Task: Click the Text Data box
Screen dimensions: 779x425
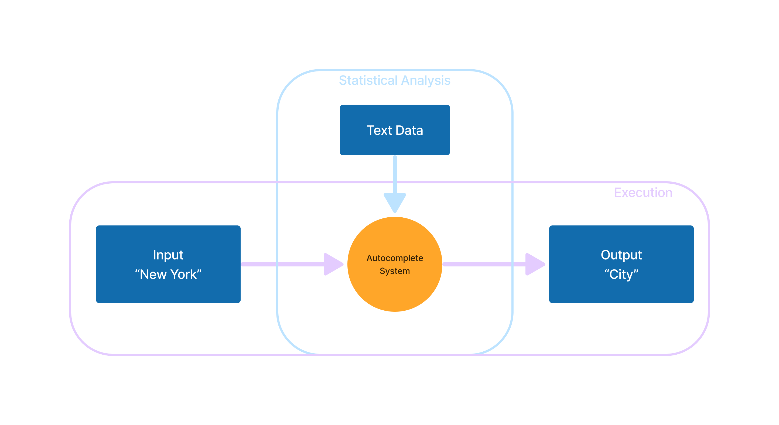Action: tap(395, 130)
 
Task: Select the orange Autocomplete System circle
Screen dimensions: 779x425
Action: tap(395, 264)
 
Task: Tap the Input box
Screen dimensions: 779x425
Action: tap(168, 264)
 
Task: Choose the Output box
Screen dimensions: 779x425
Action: tap(621, 264)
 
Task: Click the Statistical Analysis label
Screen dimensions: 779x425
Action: tap(395, 80)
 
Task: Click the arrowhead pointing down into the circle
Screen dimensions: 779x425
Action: tap(395, 203)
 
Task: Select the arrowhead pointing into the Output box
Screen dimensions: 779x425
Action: tap(535, 264)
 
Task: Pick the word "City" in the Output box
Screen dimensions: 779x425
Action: tap(621, 275)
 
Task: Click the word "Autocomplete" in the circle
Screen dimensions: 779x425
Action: tap(395, 258)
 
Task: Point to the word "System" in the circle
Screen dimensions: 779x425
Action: tap(395, 271)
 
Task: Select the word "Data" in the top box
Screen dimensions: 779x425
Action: tap(409, 130)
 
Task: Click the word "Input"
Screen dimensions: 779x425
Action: tap(168, 255)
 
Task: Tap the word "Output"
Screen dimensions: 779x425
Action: tap(621, 255)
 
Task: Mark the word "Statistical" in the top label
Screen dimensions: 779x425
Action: tap(368, 80)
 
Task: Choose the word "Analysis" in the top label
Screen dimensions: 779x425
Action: tap(426, 80)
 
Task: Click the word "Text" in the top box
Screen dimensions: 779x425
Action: tap(379, 130)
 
